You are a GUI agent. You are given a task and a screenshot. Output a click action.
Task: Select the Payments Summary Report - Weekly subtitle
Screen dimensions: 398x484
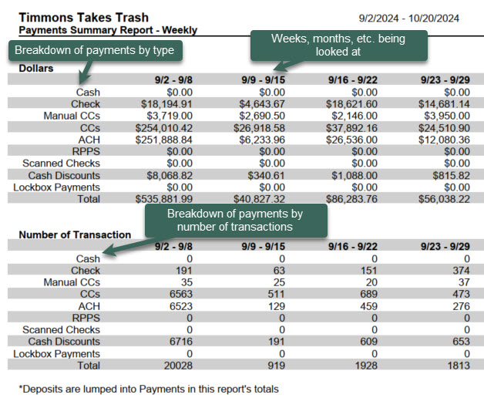coord(107,30)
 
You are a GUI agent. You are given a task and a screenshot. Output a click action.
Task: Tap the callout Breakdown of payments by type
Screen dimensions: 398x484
coord(96,52)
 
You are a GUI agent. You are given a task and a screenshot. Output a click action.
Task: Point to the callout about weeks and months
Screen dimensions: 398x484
coord(338,46)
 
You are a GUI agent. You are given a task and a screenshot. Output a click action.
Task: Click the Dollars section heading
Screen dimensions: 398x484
coord(37,69)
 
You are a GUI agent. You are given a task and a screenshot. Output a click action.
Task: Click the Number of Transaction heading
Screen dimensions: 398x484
coord(74,234)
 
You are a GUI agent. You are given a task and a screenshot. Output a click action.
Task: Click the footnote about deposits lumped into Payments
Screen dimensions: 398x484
coord(148,389)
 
